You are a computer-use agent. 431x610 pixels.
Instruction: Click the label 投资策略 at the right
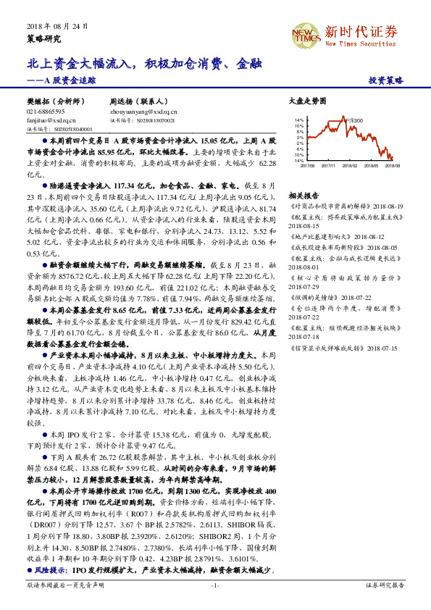pyautogui.click(x=385, y=80)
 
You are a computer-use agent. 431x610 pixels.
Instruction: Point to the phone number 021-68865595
pyautogui.click(x=45, y=112)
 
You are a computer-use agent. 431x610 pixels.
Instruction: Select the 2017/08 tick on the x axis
pyautogui.click(x=306, y=166)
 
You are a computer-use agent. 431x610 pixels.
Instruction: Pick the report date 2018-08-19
pyautogui.click(x=388, y=206)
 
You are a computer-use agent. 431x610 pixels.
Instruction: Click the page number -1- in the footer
pyautogui.click(x=215, y=585)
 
